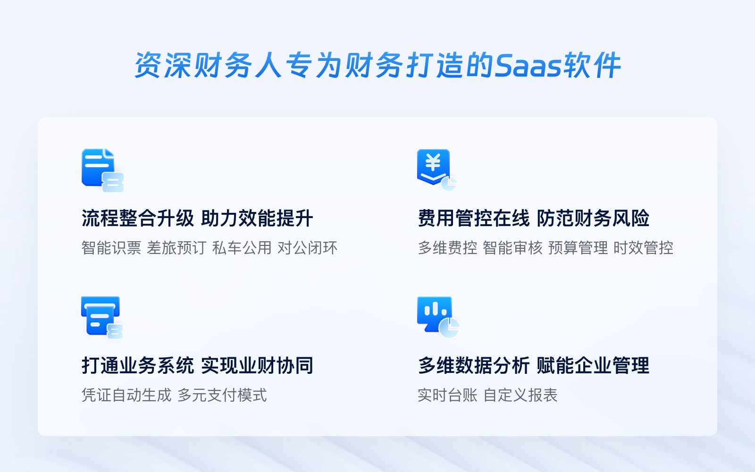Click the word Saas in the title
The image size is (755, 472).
click(x=528, y=66)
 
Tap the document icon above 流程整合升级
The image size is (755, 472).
click(x=102, y=170)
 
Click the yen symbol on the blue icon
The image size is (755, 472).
click(x=433, y=162)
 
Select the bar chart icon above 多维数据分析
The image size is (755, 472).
click(x=438, y=317)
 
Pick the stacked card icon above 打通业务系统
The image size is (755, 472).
click(x=102, y=317)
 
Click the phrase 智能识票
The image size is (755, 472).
click(x=111, y=248)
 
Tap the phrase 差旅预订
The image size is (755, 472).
click(x=176, y=248)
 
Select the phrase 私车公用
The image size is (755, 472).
click(x=242, y=248)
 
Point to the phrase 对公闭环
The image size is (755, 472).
click(x=307, y=248)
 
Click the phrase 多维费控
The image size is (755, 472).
click(x=448, y=248)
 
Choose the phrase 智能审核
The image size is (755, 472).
click(x=512, y=248)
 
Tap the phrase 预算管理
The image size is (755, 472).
click(x=578, y=248)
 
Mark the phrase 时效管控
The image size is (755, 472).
click(x=644, y=248)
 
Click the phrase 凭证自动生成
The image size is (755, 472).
click(x=127, y=395)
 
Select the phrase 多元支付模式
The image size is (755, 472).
click(x=222, y=395)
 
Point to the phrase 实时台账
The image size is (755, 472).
click(x=448, y=395)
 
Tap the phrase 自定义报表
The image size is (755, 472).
click(x=520, y=395)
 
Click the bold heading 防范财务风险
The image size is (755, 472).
click(x=593, y=218)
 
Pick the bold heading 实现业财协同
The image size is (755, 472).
click(x=257, y=365)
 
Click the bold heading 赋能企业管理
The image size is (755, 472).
click(x=593, y=365)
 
